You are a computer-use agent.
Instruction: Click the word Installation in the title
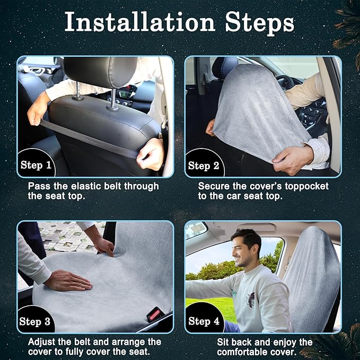(139, 22)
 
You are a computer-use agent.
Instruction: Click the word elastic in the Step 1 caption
(86, 186)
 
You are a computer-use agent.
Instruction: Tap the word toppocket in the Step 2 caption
(306, 187)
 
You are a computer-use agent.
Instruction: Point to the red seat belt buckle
(154, 314)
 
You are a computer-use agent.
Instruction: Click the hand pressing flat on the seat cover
(68, 280)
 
